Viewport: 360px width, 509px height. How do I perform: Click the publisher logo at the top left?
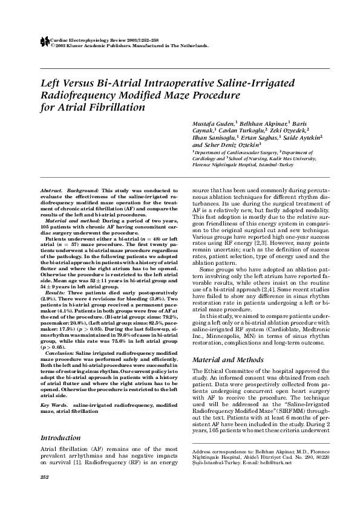43,41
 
